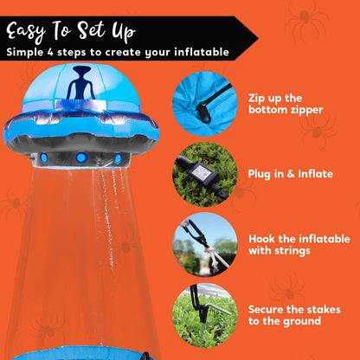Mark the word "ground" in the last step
click(x=302, y=321)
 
